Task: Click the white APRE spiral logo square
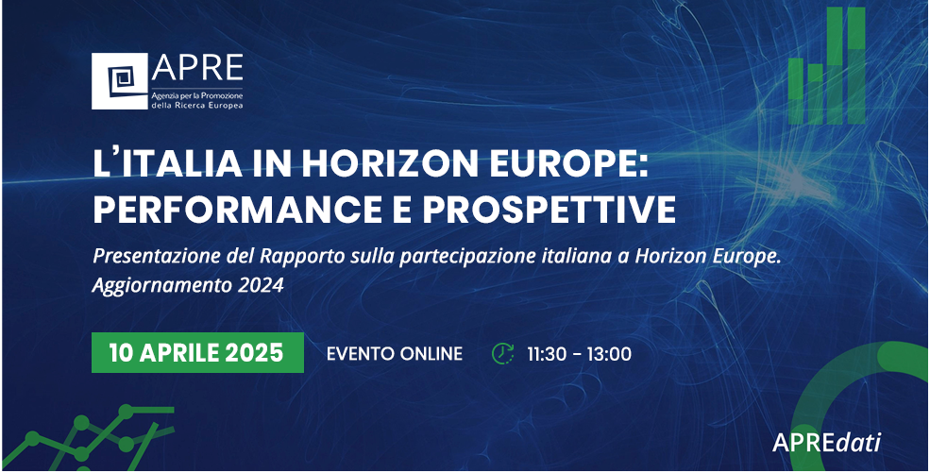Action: point(119,81)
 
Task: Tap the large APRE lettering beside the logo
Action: point(197,68)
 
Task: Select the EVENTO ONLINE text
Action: point(395,354)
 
